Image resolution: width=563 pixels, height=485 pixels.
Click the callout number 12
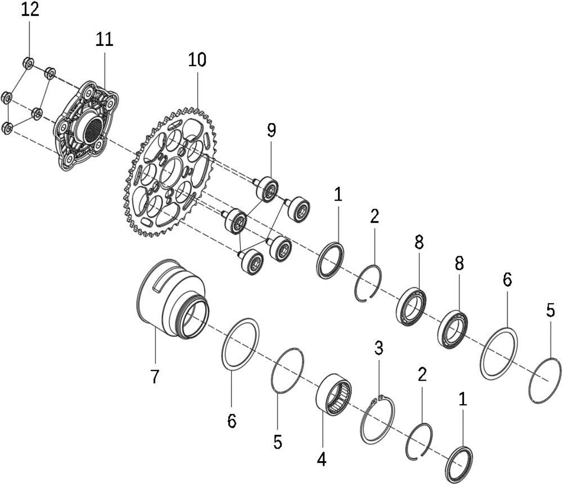(30, 10)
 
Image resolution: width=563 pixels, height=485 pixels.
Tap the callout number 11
(105, 39)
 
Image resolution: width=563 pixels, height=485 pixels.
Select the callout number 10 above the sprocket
(197, 59)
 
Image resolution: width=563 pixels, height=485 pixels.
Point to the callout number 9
(271, 131)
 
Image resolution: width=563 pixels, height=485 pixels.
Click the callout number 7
(154, 376)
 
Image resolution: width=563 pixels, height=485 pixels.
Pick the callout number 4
(322, 460)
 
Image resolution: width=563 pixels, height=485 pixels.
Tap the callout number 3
(379, 348)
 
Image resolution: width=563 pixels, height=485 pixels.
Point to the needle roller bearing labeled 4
(334, 395)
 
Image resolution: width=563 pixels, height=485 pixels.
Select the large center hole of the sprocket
(171, 173)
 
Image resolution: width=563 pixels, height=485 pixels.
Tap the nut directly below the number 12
(28, 63)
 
